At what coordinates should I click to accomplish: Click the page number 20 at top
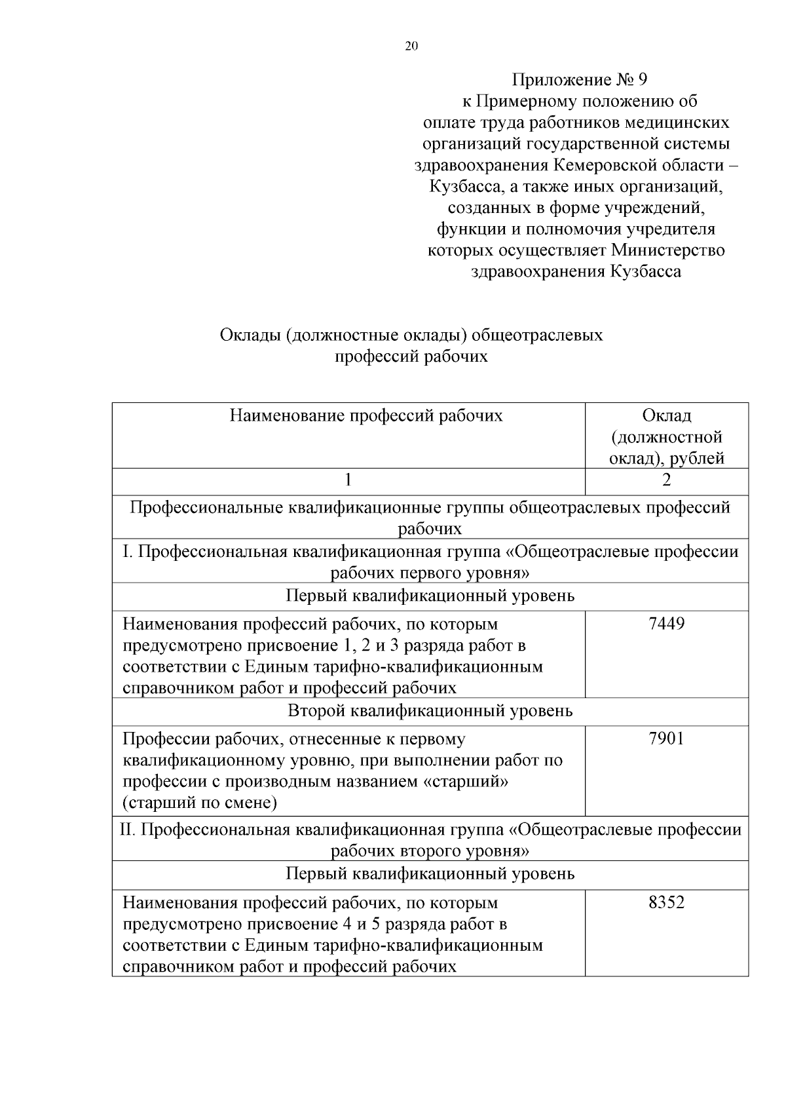coord(411,46)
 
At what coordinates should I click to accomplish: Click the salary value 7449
coord(666,624)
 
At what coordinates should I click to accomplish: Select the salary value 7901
coord(666,739)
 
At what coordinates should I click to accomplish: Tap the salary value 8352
coord(666,903)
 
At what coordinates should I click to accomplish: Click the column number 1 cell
coord(348,480)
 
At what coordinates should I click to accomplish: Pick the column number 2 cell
coord(666,480)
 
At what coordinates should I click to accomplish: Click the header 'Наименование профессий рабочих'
coord(366,415)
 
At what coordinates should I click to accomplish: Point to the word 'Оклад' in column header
coord(666,415)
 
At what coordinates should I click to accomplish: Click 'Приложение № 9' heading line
coord(579,80)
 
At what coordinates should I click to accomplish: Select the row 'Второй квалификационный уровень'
coord(430,711)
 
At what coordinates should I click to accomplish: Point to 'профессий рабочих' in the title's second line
coord(411,357)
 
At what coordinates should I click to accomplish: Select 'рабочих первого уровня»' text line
coord(430,573)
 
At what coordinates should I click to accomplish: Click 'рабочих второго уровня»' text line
coord(430,851)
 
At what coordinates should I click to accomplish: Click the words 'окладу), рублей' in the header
coord(666,459)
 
